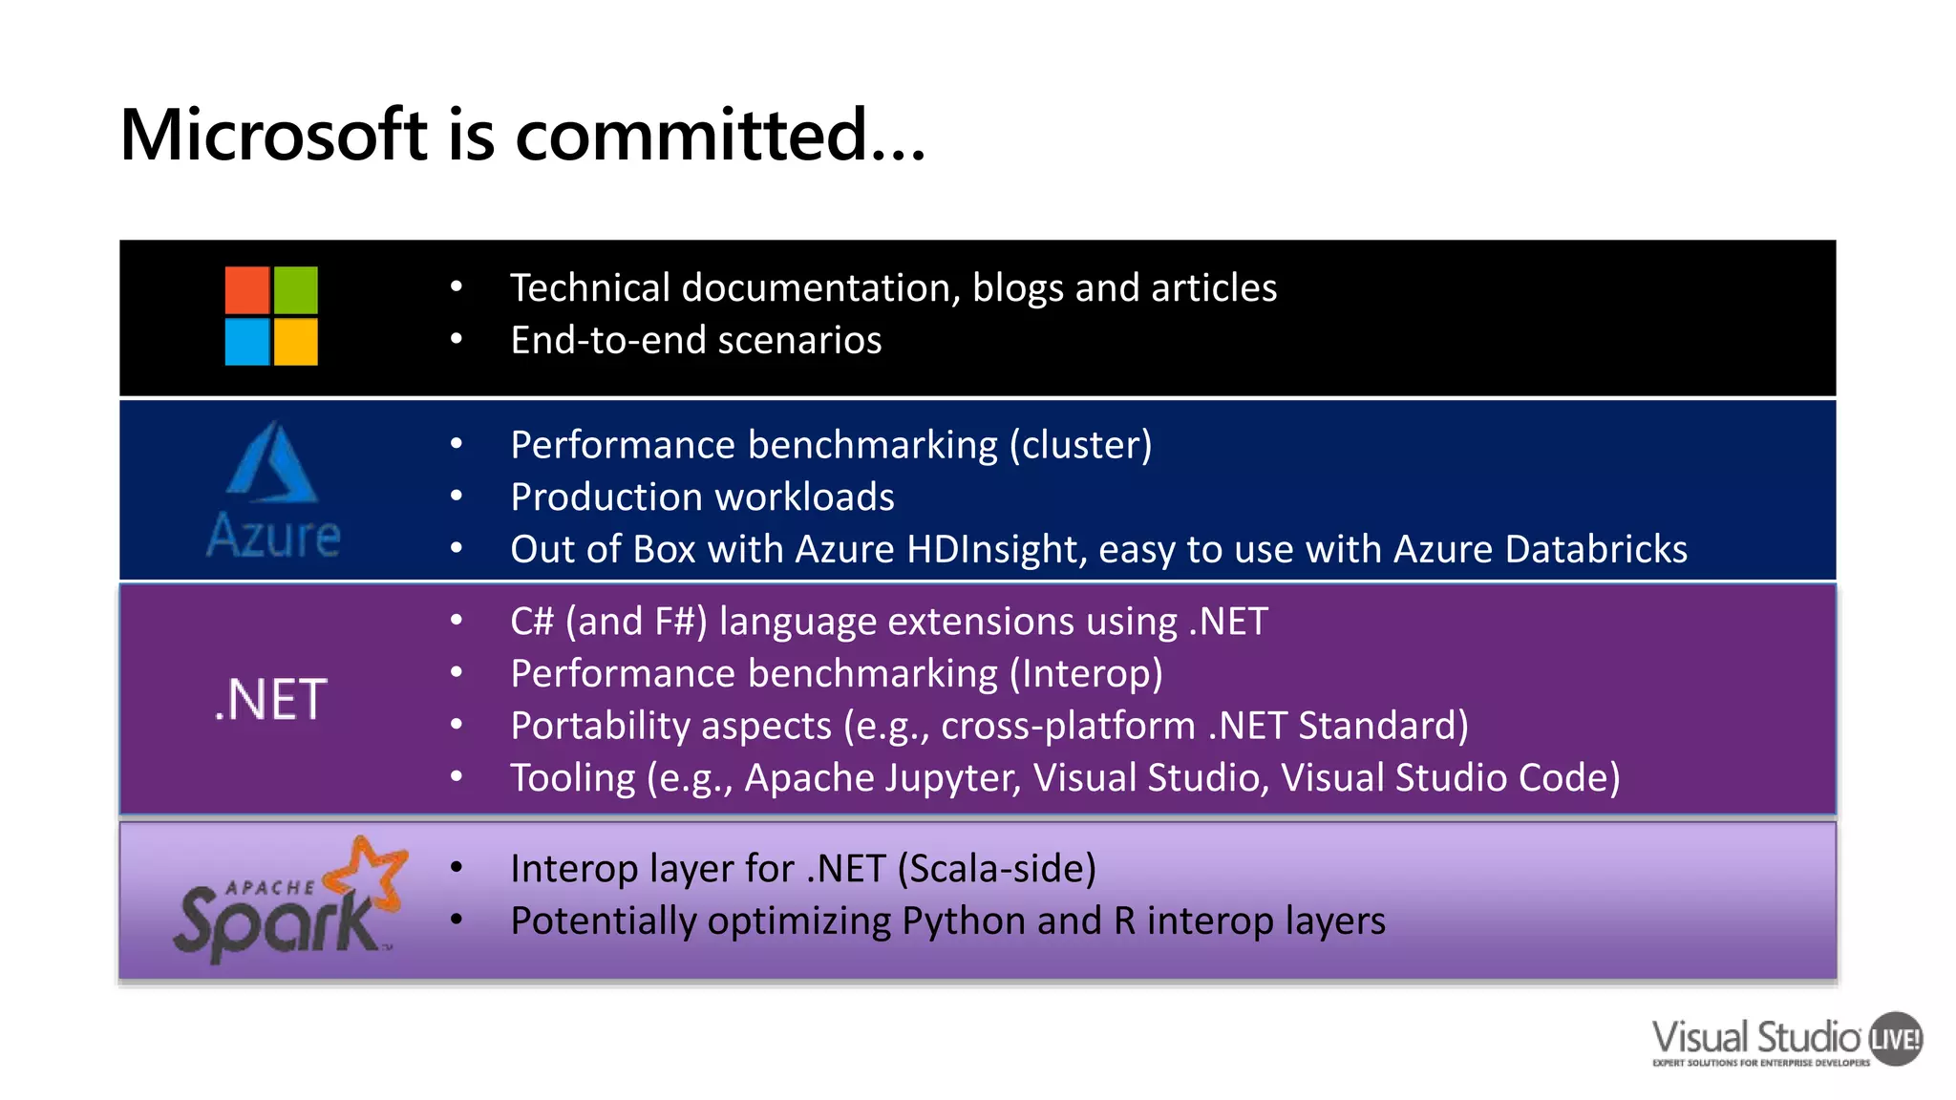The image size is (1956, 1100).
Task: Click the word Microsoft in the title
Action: pos(273,135)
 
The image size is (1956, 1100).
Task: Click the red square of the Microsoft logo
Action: pos(246,290)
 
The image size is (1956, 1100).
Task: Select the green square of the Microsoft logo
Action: pos(296,290)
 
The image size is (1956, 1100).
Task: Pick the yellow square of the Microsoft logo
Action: pos(296,342)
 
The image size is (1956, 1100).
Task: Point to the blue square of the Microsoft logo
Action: pos(246,342)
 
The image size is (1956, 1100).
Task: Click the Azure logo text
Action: pos(273,536)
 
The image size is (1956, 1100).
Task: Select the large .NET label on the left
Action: pos(271,700)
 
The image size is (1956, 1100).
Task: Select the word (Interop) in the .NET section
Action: pos(1086,674)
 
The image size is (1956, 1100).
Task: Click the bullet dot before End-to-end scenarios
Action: pos(457,340)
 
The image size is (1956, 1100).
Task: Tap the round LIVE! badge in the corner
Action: pos(1895,1039)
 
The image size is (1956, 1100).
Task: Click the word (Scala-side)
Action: pos(996,869)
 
